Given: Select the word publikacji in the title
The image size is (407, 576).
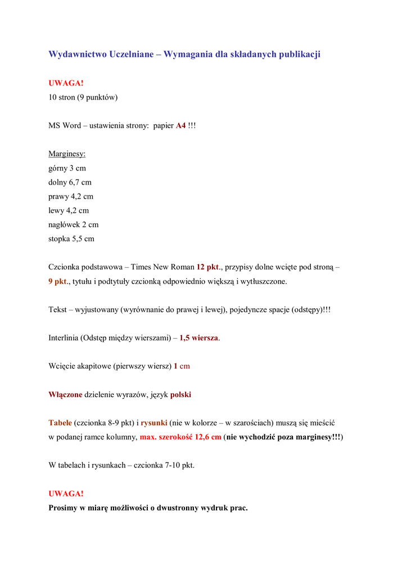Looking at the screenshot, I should pos(300,55).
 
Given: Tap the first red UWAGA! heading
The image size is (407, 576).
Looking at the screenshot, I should pos(66,83).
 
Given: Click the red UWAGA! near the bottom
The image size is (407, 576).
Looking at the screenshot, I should pos(66,493).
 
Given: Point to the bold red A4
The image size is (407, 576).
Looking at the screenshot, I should pos(180,125).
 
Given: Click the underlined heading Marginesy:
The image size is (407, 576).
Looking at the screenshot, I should pos(67,154).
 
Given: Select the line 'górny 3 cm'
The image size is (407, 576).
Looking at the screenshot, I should pos(67,168).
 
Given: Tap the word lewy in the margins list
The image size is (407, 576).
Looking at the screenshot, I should pos(56,210).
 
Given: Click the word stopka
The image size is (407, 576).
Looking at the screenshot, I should pos(59,238).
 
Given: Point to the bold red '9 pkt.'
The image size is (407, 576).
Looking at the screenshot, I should pos(58,281).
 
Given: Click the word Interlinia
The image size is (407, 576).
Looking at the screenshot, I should pos(64,338).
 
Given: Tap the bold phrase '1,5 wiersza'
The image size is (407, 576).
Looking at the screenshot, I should pos(199,338).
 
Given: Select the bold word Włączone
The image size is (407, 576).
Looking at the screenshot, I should pos(65,394).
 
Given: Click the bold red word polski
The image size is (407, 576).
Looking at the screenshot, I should pos(180,394).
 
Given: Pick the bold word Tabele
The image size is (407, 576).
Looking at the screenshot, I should pos(60,422).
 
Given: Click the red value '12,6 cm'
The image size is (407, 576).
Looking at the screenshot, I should pos(208,437).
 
